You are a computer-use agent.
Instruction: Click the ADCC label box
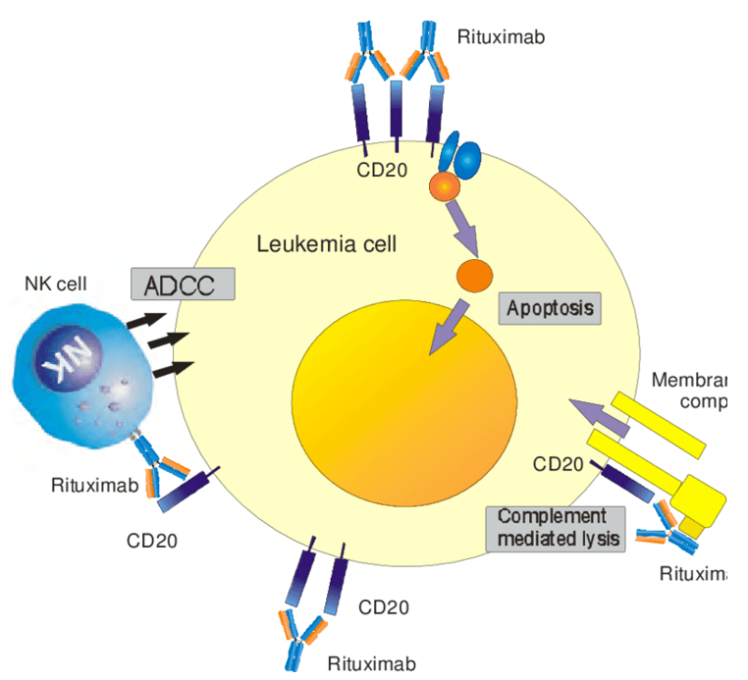(184, 285)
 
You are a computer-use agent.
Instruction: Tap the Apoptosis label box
(550, 308)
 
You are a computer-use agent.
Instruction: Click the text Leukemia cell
(326, 243)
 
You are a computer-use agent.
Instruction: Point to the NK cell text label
(56, 285)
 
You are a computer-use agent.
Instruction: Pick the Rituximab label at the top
(501, 38)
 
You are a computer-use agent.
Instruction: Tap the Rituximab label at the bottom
(371, 663)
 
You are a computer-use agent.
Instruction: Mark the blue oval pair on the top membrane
(458, 155)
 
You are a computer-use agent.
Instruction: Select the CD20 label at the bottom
(384, 607)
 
